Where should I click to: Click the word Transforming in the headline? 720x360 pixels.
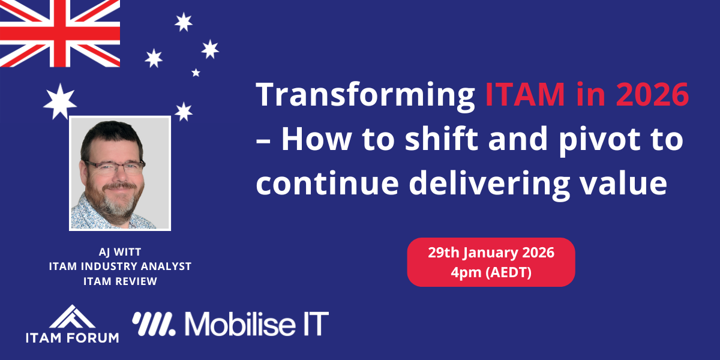click(365, 96)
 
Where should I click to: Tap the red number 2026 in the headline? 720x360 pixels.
click(653, 94)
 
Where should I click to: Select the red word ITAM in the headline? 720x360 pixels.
click(525, 95)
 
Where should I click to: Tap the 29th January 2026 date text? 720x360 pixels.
click(491, 253)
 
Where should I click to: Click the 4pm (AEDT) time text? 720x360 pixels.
click(491, 272)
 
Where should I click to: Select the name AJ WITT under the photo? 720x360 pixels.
click(120, 251)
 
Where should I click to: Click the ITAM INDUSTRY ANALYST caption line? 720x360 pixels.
click(120, 266)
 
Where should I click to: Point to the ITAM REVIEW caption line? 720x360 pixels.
click(120, 281)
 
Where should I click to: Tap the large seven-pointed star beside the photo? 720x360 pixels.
click(60, 101)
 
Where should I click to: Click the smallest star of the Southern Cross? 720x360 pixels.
click(196, 73)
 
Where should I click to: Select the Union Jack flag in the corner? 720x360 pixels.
click(60, 34)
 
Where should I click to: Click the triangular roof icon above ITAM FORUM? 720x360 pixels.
click(72, 317)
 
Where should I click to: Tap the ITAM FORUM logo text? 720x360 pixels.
click(73, 338)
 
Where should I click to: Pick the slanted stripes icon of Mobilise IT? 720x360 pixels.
click(154, 324)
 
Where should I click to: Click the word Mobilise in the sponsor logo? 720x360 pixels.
click(240, 323)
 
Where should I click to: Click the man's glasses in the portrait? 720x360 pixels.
click(115, 167)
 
